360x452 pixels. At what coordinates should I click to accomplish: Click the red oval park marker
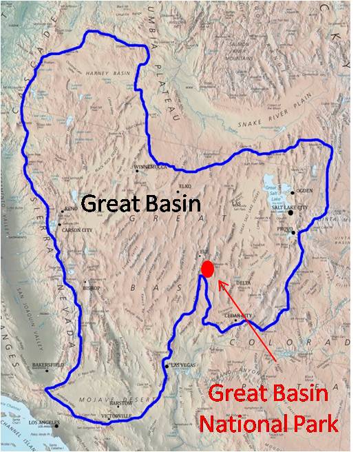(207, 269)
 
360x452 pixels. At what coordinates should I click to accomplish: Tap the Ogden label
(306, 192)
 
